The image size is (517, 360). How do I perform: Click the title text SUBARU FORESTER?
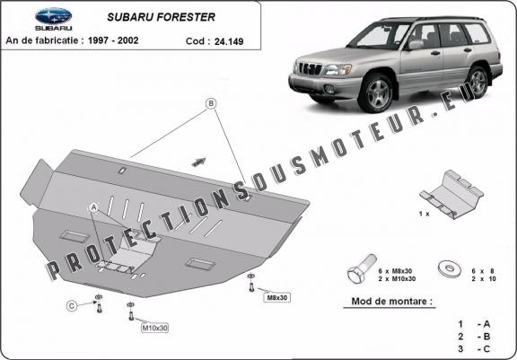tap(161, 17)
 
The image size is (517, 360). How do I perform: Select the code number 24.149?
tap(229, 41)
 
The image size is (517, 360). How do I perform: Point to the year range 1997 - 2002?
tap(113, 40)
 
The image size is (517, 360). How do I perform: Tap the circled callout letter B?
tap(211, 103)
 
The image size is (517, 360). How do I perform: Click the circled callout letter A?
tap(94, 207)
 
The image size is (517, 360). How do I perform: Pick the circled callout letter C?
tap(72, 306)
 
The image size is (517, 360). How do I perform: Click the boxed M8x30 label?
tap(277, 298)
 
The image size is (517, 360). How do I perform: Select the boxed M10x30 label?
tap(154, 328)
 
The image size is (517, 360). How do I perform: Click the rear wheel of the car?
tap(478, 82)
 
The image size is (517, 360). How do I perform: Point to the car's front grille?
tap(310, 68)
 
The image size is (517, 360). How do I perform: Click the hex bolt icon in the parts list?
tap(362, 268)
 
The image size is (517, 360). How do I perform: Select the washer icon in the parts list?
tap(450, 268)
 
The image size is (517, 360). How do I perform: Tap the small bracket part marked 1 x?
tap(451, 194)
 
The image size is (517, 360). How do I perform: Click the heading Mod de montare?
tap(391, 301)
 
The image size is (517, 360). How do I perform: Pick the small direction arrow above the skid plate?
tap(199, 162)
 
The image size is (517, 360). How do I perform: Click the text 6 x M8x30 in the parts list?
tap(395, 271)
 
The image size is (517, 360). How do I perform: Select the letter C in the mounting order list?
tap(486, 348)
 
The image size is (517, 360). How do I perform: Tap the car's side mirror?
tap(415, 45)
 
